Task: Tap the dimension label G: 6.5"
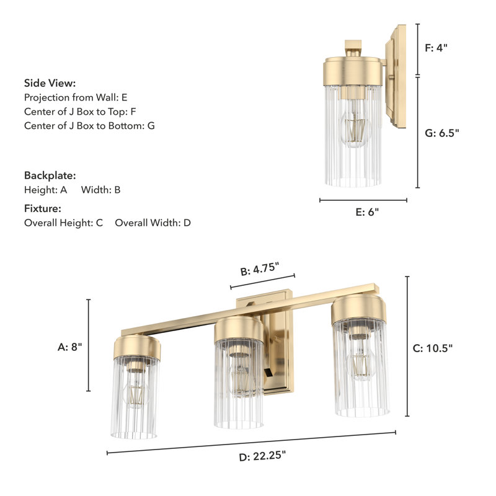pyautogui.click(x=442, y=132)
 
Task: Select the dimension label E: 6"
pyautogui.click(x=367, y=212)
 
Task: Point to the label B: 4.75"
pyautogui.click(x=259, y=270)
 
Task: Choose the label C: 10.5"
pyautogui.click(x=433, y=348)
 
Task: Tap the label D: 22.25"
pyautogui.click(x=262, y=456)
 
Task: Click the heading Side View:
pyautogui.click(x=50, y=83)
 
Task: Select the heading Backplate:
pyautogui.click(x=50, y=175)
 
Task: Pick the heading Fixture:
pyautogui.click(x=42, y=208)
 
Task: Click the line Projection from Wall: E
pyautogui.click(x=76, y=97)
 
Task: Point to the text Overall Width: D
pyautogui.click(x=153, y=223)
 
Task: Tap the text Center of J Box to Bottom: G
pyautogui.click(x=89, y=126)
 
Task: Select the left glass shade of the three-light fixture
pyautogui.click(x=135, y=397)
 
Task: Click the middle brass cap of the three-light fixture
pyautogui.click(x=239, y=329)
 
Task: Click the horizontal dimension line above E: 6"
pyautogui.click(x=363, y=200)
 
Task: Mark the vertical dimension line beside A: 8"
pyautogui.click(x=89, y=345)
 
